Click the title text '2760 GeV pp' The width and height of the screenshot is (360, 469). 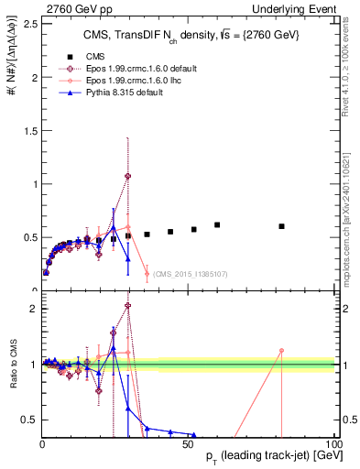pyautogui.click(x=34, y=7)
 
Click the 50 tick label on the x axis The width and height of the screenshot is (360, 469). pyautogui.click(x=188, y=444)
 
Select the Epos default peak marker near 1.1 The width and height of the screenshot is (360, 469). pyautogui.click(x=128, y=176)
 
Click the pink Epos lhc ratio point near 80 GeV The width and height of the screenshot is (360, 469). pyautogui.click(x=282, y=350)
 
